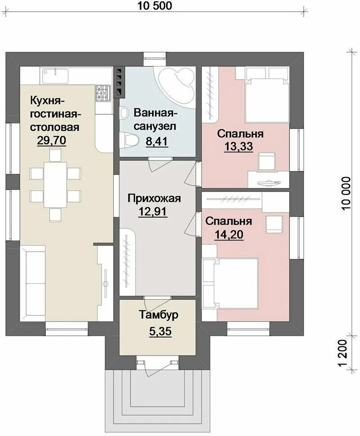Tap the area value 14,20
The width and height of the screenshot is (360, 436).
[229, 235]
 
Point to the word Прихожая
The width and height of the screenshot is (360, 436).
[153, 198]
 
